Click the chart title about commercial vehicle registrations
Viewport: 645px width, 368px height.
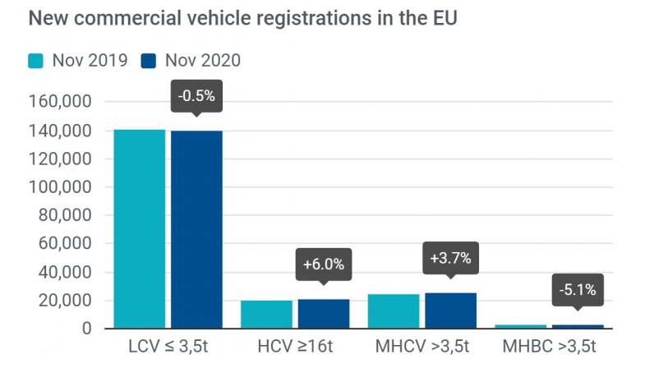(x=242, y=19)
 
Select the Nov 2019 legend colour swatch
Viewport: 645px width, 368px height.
(x=37, y=61)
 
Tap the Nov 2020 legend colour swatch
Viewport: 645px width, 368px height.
(x=150, y=61)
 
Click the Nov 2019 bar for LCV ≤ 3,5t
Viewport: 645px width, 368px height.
(x=140, y=229)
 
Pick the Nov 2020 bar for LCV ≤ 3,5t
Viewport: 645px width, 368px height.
(x=196, y=230)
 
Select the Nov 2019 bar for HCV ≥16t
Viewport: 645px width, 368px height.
(x=266, y=315)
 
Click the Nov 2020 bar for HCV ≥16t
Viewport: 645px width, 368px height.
(x=323, y=314)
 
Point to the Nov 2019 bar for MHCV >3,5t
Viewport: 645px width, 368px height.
(x=394, y=311)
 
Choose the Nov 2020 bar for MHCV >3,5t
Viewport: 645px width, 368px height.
(x=450, y=310)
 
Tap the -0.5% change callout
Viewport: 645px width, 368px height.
(x=196, y=96)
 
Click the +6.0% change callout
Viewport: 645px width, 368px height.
(x=323, y=264)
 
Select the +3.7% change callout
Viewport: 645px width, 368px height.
(x=450, y=258)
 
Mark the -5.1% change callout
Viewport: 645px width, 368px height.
(x=577, y=290)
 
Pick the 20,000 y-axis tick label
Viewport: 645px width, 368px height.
(x=67, y=301)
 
